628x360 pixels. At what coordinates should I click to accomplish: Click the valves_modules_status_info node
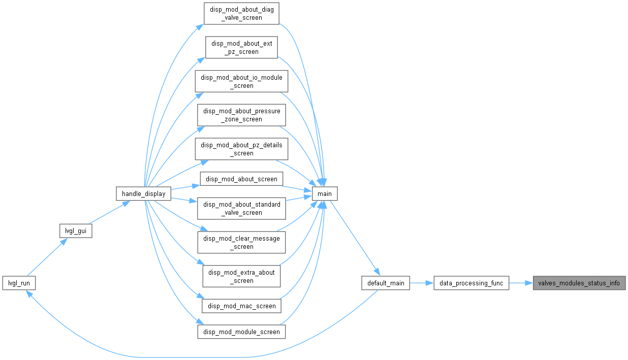click(579, 283)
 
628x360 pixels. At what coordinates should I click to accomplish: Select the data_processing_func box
click(472, 283)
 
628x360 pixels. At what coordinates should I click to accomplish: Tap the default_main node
click(386, 283)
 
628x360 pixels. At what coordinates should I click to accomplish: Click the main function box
click(325, 193)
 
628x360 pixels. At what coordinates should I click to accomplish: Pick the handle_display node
click(144, 193)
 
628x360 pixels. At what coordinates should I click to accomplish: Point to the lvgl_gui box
click(76, 231)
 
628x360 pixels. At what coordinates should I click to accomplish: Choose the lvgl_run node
click(19, 283)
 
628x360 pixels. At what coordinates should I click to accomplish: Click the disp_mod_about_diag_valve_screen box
click(241, 13)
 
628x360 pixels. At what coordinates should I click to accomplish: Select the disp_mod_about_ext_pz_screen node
click(241, 47)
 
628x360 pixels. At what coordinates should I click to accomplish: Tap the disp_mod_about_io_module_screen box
click(241, 81)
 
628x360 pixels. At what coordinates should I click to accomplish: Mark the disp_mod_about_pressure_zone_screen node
click(241, 115)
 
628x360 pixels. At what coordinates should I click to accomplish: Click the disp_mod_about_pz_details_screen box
click(241, 149)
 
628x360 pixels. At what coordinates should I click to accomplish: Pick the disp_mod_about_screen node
click(241, 179)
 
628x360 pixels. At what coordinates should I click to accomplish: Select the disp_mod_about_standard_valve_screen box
click(241, 209)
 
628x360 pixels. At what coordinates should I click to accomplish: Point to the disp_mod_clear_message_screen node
click(241, 242)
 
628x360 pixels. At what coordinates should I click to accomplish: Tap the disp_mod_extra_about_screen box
click(241, 276)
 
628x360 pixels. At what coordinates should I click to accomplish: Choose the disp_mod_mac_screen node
click(241, 306)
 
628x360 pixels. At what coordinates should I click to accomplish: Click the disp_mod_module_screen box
click(241, 332)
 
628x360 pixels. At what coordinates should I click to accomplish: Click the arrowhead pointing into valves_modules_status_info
click(529, 283)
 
